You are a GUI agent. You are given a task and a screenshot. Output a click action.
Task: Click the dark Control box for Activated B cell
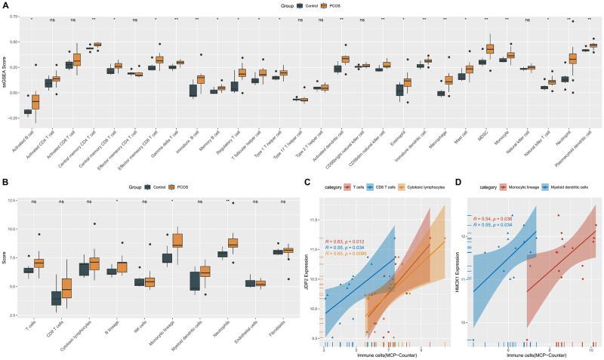pos(28,112)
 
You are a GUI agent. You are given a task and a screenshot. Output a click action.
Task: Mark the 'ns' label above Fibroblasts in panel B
pos(288,202)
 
